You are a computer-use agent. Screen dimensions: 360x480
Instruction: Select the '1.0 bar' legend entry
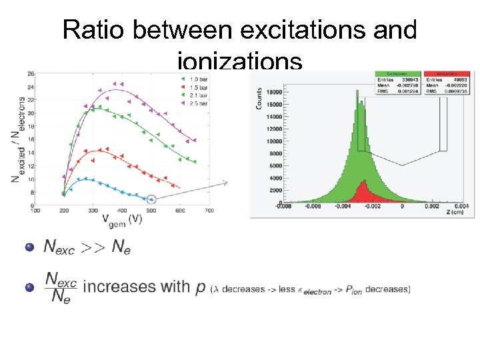coord(197,79)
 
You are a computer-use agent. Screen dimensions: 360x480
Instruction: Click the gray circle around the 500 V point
coord(151,199)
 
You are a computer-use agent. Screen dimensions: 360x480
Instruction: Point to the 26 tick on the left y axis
coord(31,74)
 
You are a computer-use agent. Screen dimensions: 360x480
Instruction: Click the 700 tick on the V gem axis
coord(209,210)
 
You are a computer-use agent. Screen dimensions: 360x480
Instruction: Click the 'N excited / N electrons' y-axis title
coord(17,139)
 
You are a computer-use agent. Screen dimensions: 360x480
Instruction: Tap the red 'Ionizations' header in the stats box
coord(447,73)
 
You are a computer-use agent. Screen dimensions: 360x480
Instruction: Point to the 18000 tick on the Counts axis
coord(273,92)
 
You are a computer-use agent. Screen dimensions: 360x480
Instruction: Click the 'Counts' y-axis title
coord(259,98)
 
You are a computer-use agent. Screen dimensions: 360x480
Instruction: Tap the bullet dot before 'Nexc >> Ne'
coord(29,247)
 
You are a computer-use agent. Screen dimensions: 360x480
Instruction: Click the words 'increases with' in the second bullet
coord(137,287)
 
